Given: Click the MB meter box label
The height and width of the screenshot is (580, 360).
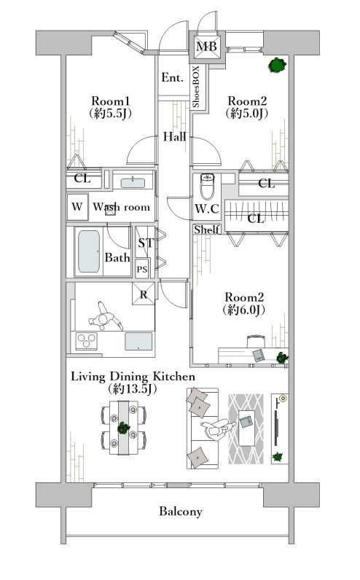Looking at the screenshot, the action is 206,46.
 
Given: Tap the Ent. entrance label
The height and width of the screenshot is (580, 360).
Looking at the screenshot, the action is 173,78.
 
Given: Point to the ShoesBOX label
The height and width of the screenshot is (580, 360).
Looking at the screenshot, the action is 196,87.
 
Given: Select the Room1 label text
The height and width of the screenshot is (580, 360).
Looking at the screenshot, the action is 111,101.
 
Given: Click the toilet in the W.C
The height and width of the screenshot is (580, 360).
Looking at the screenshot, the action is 207,187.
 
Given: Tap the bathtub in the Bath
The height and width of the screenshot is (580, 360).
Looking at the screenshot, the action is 89,251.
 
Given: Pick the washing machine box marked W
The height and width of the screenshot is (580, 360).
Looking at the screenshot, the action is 77,207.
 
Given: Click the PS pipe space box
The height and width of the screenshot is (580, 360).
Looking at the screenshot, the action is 142,269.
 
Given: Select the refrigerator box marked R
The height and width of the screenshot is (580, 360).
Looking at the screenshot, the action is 144,294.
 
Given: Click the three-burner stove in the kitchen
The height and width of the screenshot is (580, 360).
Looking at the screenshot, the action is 87,341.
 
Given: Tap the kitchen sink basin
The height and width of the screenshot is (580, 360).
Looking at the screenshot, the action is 138,341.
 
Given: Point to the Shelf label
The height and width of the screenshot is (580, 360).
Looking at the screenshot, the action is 207,230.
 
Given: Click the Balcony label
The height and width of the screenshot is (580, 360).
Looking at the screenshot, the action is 181,512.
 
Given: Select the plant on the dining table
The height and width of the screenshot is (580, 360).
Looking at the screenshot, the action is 123,428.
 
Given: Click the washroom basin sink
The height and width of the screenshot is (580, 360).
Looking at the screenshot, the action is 133,183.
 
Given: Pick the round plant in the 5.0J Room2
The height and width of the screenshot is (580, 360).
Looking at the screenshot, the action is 278,65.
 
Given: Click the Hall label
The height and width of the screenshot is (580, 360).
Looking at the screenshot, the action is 174,136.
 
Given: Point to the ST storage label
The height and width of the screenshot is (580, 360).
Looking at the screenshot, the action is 146,243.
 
